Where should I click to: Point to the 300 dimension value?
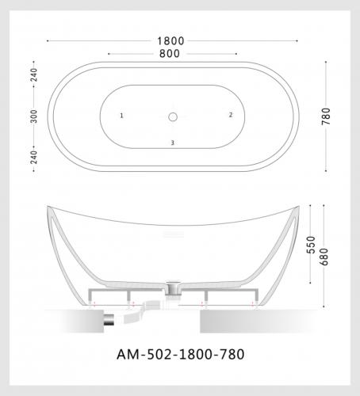(34, 116)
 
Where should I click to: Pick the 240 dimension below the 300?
(34, 156)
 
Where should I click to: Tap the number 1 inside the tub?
(121, 116)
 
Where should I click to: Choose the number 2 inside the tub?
(231, 115)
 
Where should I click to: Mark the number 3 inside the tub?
(173, 143)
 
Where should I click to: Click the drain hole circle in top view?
(173, 116)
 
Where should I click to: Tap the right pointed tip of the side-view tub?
(301, 208)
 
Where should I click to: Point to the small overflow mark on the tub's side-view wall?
(174, 234)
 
